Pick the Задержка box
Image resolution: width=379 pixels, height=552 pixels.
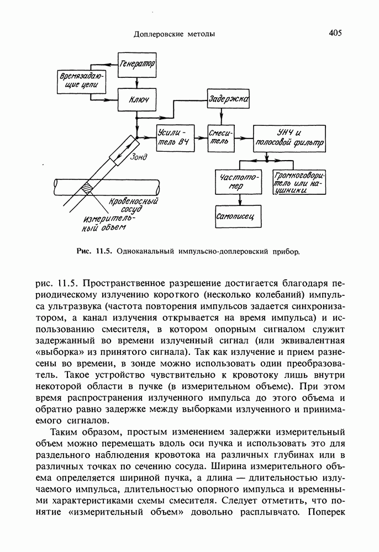228,100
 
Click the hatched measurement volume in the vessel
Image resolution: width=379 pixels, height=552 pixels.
87,188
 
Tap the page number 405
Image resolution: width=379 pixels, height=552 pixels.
335,33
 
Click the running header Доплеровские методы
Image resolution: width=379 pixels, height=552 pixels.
175,34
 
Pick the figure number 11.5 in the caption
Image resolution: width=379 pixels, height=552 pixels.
104,253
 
